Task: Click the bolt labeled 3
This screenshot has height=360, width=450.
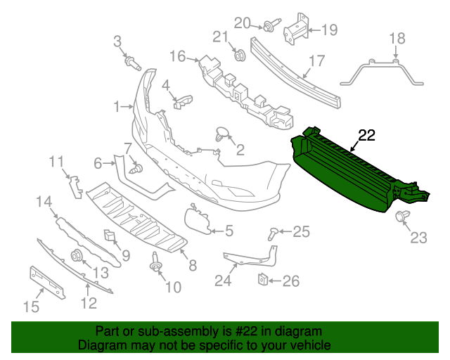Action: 131,64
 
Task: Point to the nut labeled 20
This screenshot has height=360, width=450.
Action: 269,27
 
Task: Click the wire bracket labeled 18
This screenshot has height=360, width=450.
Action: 383,71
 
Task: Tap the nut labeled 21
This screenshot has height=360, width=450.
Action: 238,53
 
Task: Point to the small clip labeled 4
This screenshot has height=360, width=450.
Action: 182,102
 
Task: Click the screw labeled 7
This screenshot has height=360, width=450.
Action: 136,169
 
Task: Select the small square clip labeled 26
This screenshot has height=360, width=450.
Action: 261,281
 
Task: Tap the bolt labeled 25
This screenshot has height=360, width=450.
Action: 274,232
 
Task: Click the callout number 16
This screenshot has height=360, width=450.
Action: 176,56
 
